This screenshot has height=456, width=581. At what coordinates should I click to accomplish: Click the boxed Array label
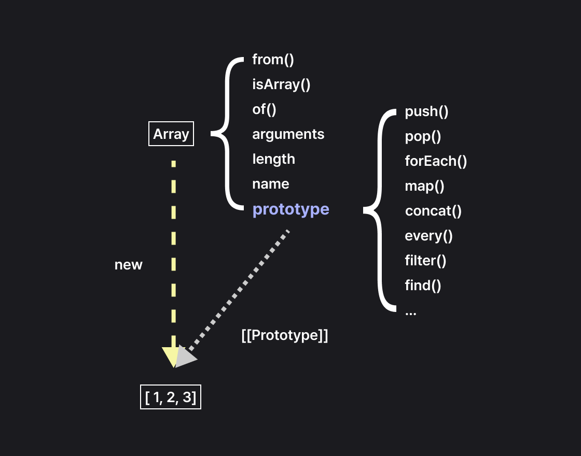pos(171,134)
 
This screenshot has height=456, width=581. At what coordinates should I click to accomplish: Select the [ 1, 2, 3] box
pos(171,397)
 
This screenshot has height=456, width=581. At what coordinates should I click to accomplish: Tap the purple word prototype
pos(290,209)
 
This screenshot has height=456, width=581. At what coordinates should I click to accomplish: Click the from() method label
pos(273,60)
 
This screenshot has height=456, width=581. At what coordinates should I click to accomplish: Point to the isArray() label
pos(281,84)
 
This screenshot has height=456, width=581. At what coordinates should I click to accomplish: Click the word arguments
pos(288,134)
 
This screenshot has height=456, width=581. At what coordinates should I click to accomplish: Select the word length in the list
pos(273,159)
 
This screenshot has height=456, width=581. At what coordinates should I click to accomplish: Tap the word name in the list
pos(271,184)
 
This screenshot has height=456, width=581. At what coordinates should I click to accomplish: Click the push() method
pos(426,111)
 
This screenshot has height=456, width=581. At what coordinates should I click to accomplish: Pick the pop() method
pos(423,137)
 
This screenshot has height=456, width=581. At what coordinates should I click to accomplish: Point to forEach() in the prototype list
pos(436,161)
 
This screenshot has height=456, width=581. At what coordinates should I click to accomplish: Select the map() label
pos(424,186)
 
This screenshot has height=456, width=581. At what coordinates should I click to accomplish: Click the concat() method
pos(433,211)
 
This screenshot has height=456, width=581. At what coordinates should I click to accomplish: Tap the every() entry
pos(428,236)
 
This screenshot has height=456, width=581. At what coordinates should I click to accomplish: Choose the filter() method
pos(425,260)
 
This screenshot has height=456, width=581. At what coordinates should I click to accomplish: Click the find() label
pos(423,285)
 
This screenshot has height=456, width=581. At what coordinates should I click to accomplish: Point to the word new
pos(128,265)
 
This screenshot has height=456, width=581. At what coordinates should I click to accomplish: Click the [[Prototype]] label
pos(285,335)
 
